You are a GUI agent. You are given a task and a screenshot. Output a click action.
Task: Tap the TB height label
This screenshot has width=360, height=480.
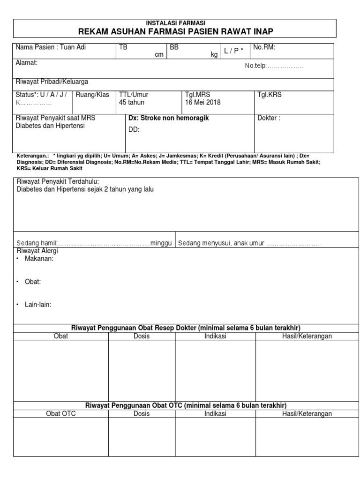click(123, 47)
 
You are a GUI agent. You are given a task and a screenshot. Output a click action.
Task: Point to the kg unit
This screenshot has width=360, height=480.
click(214, 55)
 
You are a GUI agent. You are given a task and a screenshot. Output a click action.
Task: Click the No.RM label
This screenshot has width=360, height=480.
click(264, 47)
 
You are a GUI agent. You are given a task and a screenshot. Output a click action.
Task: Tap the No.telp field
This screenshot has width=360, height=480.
click(274, 66)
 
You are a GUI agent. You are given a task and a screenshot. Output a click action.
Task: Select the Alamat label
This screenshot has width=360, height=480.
click(27, 62)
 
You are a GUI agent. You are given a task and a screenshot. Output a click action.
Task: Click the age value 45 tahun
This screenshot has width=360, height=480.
click(132, 102)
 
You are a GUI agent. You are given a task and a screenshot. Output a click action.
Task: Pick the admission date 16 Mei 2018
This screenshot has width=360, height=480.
click(202, 102)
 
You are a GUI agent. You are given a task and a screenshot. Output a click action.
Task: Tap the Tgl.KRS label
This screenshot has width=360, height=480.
click(270, 95)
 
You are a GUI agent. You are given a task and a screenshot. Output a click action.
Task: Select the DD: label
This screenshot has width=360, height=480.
click(135, 130)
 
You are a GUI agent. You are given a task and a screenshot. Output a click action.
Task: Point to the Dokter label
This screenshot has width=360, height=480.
click(269, 118)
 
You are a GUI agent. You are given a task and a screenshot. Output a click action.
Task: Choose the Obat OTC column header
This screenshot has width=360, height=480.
click(60, 414)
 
